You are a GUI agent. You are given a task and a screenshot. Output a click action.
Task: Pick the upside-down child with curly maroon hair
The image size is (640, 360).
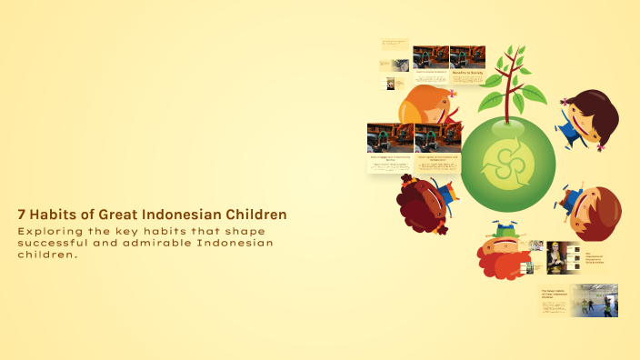click(424, 205)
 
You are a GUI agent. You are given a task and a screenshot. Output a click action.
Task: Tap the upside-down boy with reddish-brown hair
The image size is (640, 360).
click(590, 212)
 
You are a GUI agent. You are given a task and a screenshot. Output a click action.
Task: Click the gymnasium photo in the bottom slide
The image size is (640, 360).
click(595, 299)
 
